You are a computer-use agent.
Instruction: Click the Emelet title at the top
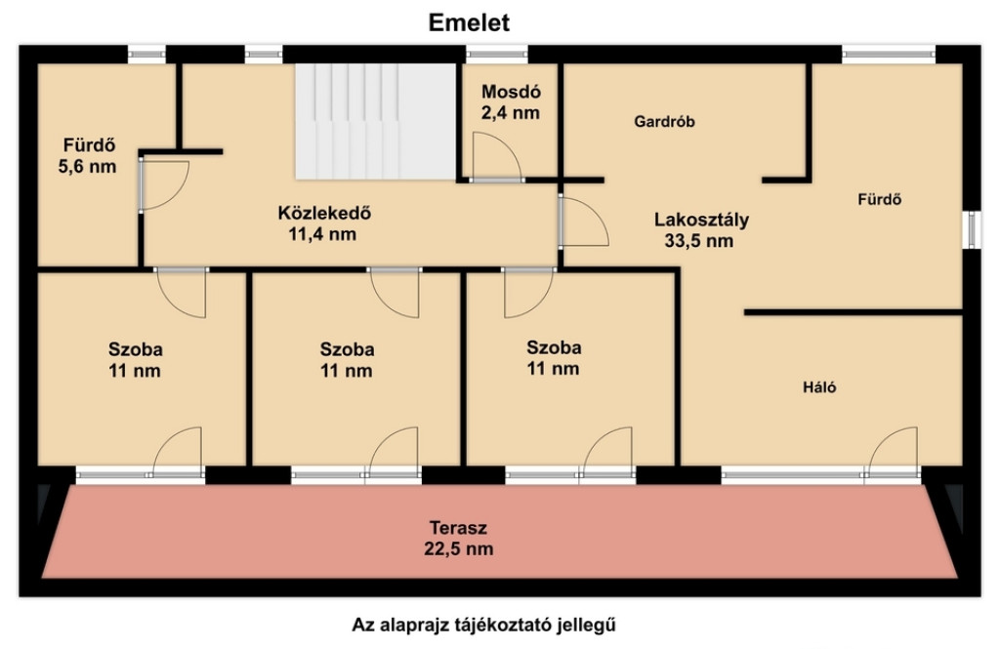point(469,23)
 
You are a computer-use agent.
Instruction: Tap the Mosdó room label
point(511,92)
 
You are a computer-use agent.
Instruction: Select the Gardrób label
point(664,121)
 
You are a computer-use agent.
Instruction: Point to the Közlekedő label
point(324,213)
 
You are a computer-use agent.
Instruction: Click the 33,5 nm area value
point(699,241)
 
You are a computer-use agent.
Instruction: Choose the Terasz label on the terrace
point(458,528)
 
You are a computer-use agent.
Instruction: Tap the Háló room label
point(819,387)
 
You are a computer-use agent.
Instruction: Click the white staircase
point(375,121)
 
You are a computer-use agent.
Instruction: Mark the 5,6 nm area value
point(87,167)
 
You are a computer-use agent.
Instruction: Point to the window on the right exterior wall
point(972,229)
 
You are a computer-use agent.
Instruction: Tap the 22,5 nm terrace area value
point(459,548)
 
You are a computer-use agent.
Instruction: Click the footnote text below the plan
point(484,625)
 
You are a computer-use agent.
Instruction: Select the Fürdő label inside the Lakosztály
point(880,199)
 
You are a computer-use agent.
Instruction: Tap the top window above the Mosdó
point(497,55)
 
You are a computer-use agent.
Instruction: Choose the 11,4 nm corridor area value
point(322,234)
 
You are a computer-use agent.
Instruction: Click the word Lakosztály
point(701,220)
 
